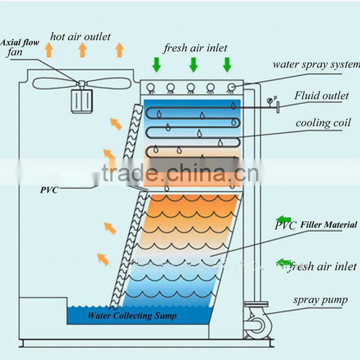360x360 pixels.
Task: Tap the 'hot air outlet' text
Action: [80, 36]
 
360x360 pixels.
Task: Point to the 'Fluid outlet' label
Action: [321, 95]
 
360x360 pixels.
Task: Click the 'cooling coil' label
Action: [323, 123]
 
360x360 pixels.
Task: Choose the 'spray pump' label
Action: [320, 300]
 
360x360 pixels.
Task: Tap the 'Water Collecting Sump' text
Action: [132, 315]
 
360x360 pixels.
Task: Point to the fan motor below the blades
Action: [82, 100]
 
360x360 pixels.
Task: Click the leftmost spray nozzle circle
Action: [151, 87]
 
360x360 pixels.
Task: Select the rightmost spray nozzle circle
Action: [231, 87]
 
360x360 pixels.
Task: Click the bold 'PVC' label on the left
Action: [49, 190]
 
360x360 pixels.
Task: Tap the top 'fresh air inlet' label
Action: [195, 48]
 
